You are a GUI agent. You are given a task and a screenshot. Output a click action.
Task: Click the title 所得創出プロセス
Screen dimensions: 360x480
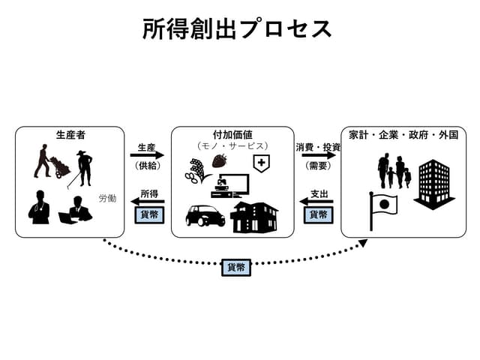237,29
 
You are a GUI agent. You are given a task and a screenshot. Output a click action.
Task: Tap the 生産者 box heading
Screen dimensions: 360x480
70,135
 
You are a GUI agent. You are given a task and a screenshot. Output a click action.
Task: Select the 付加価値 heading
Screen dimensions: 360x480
232,135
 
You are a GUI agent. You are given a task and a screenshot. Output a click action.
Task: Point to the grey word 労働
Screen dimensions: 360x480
107,199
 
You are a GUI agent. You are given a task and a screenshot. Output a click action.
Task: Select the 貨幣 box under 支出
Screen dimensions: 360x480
318,214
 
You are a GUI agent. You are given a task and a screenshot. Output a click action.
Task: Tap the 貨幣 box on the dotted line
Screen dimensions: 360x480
236,266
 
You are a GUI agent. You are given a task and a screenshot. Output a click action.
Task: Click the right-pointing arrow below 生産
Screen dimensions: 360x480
147,156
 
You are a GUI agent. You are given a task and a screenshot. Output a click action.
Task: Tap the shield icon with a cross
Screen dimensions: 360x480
261,163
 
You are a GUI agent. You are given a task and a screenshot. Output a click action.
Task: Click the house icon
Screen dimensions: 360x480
253,217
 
